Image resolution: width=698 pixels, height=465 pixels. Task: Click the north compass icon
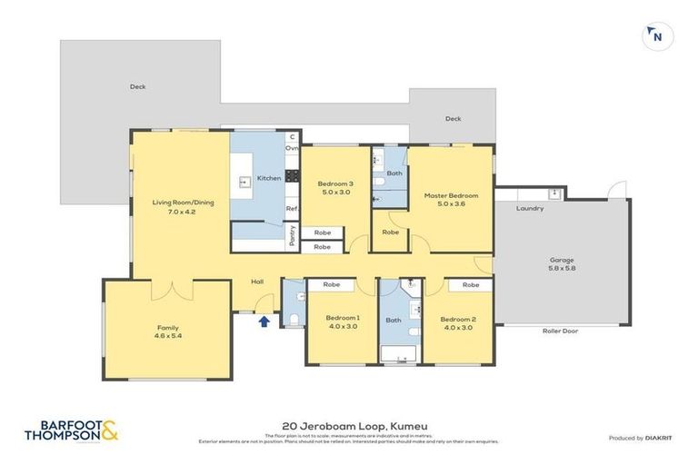(653, 36)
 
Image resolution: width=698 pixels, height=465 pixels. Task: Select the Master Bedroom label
(451, 195)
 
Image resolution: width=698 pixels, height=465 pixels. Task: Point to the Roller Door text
(560, 331)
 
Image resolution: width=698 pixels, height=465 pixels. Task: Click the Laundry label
(529, 208)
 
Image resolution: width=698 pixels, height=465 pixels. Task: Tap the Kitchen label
(269, 178)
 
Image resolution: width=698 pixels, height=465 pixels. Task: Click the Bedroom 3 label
(336, 184)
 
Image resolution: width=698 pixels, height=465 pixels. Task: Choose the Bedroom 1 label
(343, 317)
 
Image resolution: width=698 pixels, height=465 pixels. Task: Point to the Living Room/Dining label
(183, 203)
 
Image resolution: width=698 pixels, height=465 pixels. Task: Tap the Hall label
(257, 282)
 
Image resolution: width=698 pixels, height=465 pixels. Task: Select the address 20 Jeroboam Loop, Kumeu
(349, 425)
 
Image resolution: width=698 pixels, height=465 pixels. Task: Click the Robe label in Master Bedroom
(391, 232)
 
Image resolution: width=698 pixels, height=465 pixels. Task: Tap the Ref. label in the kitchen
(293, 208)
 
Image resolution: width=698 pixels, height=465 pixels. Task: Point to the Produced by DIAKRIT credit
(640, 438)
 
